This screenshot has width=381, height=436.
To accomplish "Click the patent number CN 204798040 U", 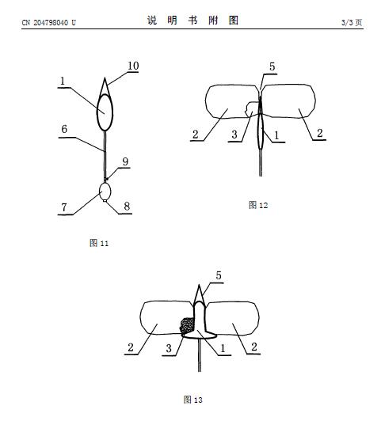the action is click(48, 22).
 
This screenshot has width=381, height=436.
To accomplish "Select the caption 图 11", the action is click(99, 243).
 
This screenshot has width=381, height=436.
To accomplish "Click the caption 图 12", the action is click(258, 205).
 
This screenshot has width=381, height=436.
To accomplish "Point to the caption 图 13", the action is click(192, 400).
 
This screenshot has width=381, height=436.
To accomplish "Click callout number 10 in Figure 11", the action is click(133, 66).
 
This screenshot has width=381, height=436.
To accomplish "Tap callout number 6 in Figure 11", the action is click(64, 129).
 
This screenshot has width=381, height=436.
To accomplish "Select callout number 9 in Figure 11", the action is click(125, 161).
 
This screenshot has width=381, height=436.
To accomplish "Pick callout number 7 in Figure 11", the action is click(64, 207).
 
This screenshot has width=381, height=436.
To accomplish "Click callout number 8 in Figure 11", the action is click(127, 206).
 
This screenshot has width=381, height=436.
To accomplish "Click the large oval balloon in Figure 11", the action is click(105, 112).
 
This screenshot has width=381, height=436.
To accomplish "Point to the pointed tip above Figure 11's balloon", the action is click(105, 78).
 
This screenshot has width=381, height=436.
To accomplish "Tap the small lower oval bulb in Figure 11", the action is click(105, 191).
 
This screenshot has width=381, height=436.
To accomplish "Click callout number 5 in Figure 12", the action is click(272, 66).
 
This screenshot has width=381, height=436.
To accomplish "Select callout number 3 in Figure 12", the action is click(234, 135).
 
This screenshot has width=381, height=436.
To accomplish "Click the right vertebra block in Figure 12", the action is click(288, 101).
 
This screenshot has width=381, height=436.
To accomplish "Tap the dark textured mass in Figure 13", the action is click(187, 326).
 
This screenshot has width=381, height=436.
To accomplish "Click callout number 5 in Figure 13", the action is click(219, 275).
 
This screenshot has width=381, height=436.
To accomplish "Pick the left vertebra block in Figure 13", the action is click(167, 317).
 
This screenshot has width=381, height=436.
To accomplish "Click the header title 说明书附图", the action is click(192, 21).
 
